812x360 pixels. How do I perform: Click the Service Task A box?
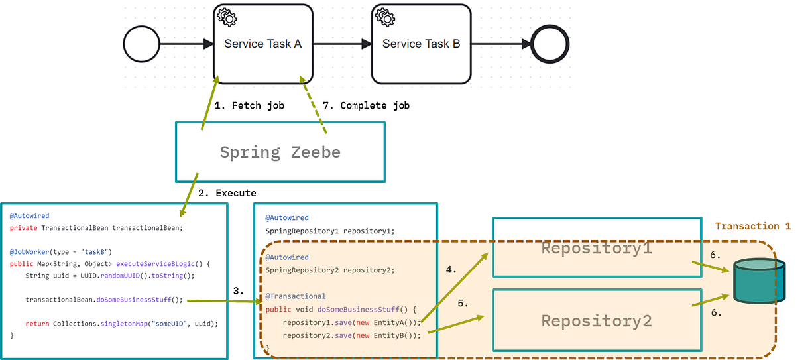pyautogui.click(x=263, y=44)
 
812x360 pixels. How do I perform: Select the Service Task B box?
pyautogui.click(x=421, y=44)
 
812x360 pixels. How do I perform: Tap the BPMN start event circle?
pyautogui.click(x=141, y=44)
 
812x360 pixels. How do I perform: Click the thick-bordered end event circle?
pyautogui.click(x=550, y=44)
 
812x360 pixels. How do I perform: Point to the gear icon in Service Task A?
pyautogui.click(x=227, y=17)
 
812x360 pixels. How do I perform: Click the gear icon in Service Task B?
pyautogui.click(x=385, y=17)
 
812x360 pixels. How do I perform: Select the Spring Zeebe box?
pyautogui.click(x=280, y=152)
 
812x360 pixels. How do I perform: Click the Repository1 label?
pyautogui.click(x=597, y=249)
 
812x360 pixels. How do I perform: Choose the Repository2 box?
pyautogui.click(x=597, y=321)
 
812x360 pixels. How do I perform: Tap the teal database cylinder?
pyautogui.click(x=759, y=280)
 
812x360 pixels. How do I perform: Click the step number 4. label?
pyautogui.click(x=451, y=270)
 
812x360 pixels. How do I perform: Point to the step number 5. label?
pyautogui.click(x=463, y=304)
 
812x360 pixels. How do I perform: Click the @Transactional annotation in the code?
pyautogui.click(x=296, y=296)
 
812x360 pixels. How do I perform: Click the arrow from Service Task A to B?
pyautogui.click(x=342, y=44)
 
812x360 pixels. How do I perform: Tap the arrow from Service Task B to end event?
pyautogui.click(x=500, y=44)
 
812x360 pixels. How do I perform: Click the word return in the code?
pyautogui.click(x=36, y=324)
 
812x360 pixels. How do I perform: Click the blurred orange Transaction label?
pyautogui.click(x=753, y=225)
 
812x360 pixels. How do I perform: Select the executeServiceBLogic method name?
pyautogui.click(x=148, y=264)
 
